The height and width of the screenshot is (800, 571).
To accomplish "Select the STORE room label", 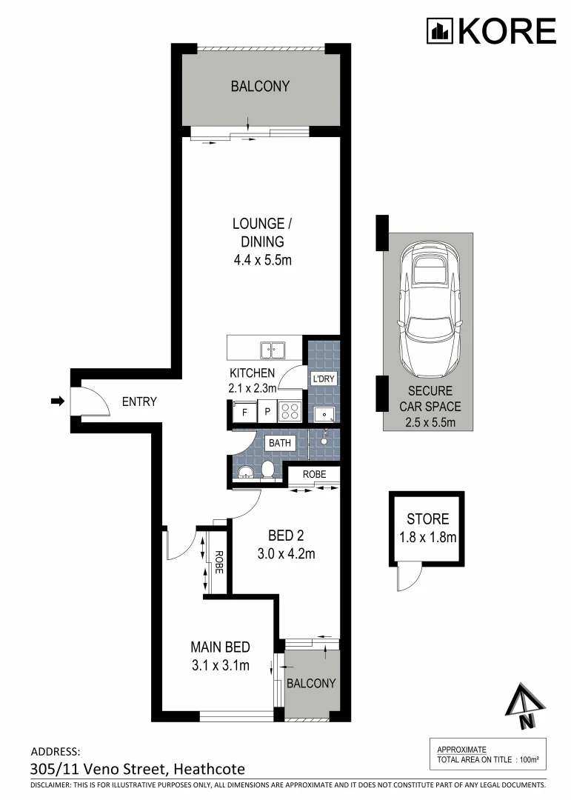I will coord(427,519).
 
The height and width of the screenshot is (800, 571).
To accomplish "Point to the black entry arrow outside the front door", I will coord(57,401).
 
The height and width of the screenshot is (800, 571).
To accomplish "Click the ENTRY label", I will coord(139,402).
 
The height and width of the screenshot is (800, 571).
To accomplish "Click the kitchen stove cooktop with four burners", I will coord(288,411).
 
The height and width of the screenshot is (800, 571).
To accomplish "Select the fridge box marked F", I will coord(243,412).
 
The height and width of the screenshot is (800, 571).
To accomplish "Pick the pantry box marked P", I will coord(265,412).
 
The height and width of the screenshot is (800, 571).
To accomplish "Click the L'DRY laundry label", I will coord(324,379).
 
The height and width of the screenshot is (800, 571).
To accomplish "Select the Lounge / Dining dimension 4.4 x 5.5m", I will coord(258,260).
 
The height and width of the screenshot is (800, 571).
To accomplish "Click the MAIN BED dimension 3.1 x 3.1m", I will coord(219,665).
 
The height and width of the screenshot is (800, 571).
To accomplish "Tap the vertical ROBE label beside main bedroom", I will coord(218,564).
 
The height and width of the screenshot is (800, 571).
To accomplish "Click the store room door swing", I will coord(407,576).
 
